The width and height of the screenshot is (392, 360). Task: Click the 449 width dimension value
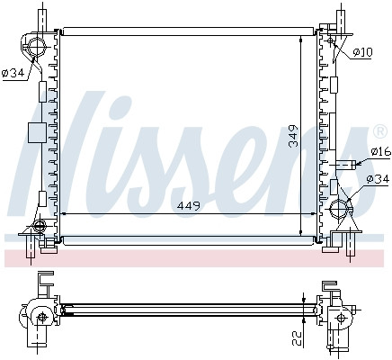189,206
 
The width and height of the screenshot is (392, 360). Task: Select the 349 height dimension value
294,136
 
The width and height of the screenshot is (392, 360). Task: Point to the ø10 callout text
362,52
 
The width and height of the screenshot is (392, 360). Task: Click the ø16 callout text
381,151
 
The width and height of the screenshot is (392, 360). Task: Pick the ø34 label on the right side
378,179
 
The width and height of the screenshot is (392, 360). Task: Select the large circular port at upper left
37,48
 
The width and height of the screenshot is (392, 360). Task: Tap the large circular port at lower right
339,208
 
